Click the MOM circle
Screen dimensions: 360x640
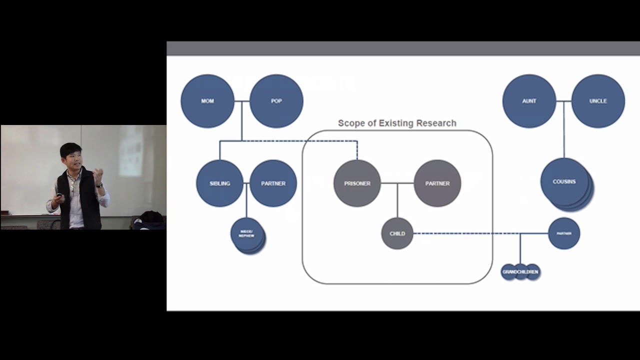click(207, 101)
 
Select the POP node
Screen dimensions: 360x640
click(276, 101)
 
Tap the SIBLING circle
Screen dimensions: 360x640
click(219, 183)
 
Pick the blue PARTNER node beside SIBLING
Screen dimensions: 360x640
click(273, 183)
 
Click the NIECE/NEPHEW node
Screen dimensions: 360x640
click(246, 234)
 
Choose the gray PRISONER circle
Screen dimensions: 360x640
click(357, 183)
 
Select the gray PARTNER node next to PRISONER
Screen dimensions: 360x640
click(437, 183)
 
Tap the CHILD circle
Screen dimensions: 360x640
click(397, 233)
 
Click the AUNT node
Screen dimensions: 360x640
click(529, 101)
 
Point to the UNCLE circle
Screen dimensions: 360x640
click(598, 101)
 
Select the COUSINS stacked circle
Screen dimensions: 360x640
click(564, 182)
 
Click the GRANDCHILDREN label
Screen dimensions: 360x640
click(520, 272)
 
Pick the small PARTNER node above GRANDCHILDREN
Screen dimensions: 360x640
click(564, 233)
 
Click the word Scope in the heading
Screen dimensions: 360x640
click(350, 123)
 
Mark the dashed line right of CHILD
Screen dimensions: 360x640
click(465, 233)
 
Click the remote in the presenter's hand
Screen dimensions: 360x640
click(59, 195)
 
